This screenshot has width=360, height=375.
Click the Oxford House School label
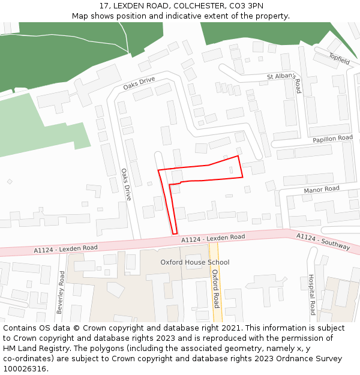click(194, 262)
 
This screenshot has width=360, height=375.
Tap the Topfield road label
click(339, 58)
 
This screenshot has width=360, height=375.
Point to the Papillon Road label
click(332, 139)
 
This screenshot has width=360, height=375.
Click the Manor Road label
click(321, 189)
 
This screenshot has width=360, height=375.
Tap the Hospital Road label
click(311, 295)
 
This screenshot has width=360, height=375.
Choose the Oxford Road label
click(215, 289)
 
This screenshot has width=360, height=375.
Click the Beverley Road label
click(61, 292)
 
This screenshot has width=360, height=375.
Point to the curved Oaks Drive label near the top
click(139, 83)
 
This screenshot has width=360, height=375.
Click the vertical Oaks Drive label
click(126, 184)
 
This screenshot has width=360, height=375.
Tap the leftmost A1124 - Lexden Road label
click(65, 248)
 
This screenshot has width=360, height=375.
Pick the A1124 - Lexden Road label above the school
click(213, 238)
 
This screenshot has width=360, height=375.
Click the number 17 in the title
click(106, 6)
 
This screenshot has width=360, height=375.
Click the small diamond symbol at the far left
click(10, 181)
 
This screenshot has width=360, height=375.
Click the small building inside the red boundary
click(231, 170)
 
